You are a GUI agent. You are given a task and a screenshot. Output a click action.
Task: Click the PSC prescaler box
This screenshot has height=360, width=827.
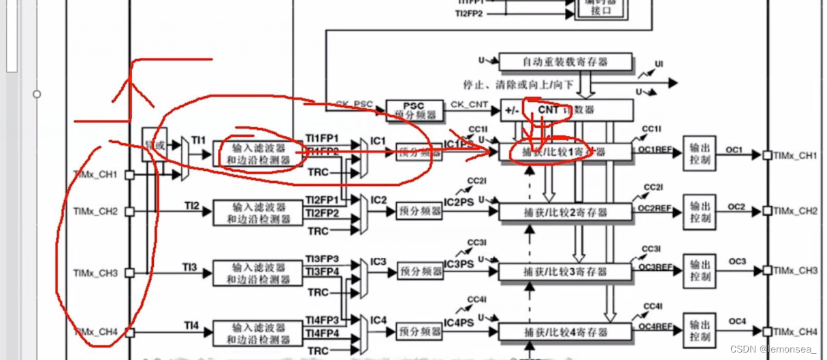[x=414, y=110]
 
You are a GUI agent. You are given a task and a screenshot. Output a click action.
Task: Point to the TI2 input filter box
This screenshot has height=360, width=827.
[x=259, y=212]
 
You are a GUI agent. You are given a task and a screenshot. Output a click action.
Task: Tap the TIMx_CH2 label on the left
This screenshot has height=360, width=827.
[x=95, y=212]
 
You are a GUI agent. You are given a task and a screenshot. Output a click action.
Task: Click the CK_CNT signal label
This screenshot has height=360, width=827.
[x=469, y=104]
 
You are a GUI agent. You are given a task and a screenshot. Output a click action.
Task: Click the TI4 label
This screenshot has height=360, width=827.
[x=192, y=327]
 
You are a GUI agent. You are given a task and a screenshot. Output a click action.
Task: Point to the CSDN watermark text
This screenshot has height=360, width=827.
[x=773, y=349]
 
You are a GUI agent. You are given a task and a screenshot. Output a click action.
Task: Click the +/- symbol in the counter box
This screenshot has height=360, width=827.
[x=512, y=110]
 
